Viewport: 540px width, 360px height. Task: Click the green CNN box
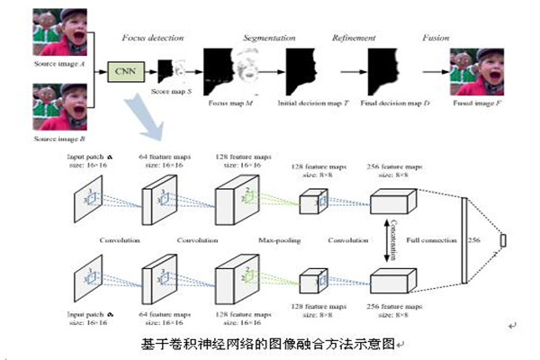125,68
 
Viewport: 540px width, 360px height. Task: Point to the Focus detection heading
154,39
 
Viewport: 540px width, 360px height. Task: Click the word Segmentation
268,39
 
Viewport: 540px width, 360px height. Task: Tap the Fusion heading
436,39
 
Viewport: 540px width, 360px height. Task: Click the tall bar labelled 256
465,240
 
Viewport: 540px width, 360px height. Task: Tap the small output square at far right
504,240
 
